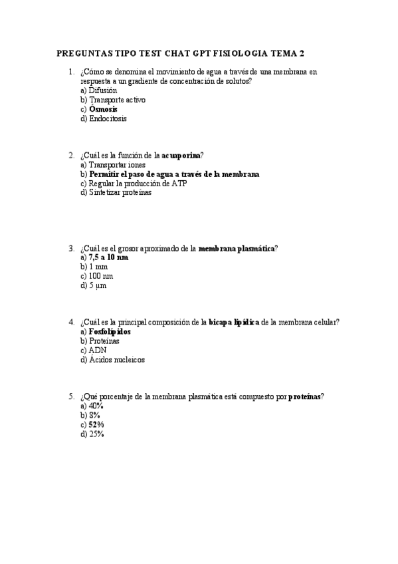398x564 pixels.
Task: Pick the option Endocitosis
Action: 108,118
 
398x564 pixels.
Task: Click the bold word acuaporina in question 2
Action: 181,156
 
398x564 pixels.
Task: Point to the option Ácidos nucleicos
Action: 117,359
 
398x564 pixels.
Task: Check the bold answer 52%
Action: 96,424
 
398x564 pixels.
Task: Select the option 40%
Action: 96,406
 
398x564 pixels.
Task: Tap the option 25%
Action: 96,434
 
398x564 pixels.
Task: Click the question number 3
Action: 71,248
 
